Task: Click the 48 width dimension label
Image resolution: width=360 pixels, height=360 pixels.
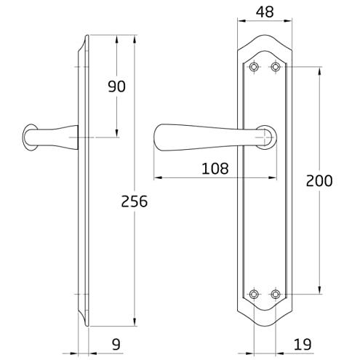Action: click(x=265, y=12)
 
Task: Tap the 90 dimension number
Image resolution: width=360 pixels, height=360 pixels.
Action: click(x=116, y=87)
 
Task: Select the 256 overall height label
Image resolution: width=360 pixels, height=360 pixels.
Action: click(x=134, y=201)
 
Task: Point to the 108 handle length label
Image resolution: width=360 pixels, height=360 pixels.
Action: click(x=215, y=169)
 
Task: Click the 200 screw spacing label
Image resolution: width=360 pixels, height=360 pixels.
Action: click(x=319, y=180)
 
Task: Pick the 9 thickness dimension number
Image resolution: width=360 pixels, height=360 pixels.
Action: click(x=116, y=344)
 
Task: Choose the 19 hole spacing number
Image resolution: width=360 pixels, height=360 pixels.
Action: click(x=303, y=344)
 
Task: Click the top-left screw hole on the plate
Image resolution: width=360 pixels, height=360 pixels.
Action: click(x=254, y=66)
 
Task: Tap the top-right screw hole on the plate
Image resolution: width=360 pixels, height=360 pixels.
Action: click(x=276, y=66)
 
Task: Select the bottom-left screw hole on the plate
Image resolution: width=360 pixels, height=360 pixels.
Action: click(x=254, y=294)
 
